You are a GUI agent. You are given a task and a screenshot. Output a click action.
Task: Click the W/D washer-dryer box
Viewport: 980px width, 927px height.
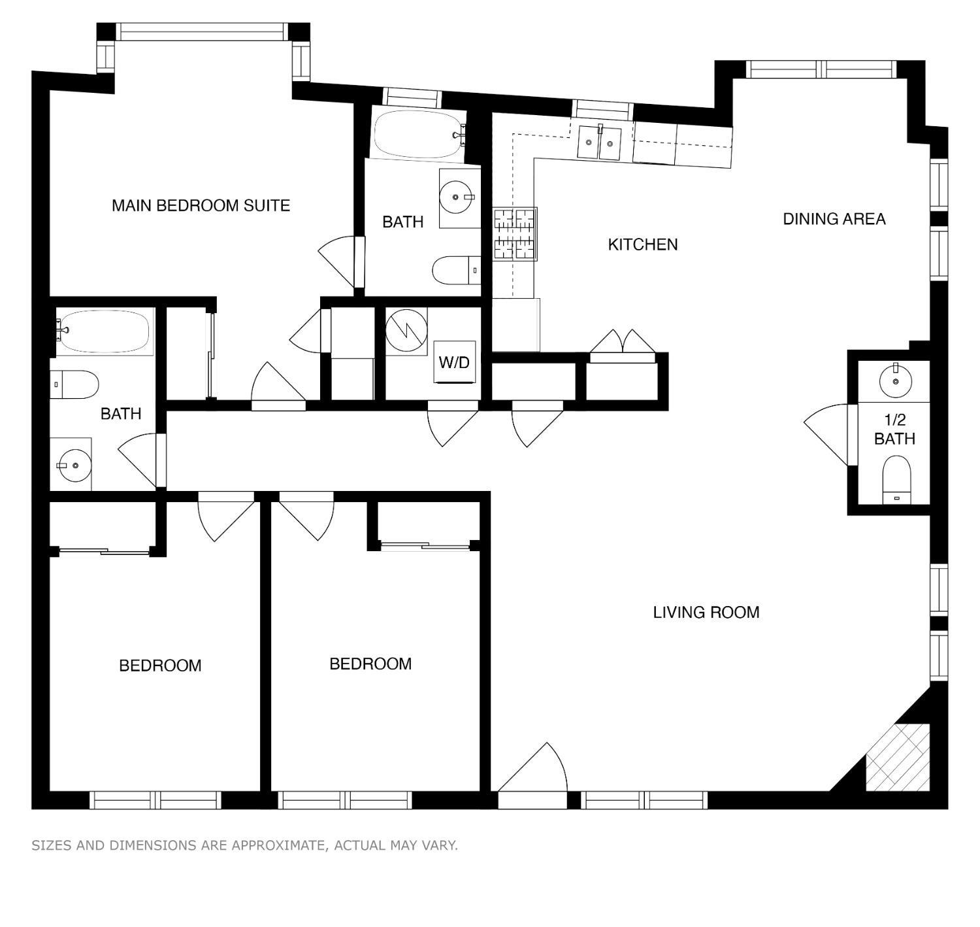(x=455, y=362)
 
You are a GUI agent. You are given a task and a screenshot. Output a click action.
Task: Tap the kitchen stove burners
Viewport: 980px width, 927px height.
(x=514, y=234)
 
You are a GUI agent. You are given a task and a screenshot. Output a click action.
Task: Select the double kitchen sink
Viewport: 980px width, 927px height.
(x=599, y=143)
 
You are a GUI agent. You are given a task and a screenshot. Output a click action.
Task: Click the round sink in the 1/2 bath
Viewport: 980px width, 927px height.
(x=895, y=380)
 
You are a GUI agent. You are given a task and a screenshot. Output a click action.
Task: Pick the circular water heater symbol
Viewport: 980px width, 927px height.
(x=406, y=331)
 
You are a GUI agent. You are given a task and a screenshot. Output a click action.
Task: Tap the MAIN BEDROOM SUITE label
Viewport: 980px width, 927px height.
(x=201, y=205)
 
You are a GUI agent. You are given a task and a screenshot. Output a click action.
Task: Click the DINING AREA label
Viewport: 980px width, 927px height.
(x=834, y=219)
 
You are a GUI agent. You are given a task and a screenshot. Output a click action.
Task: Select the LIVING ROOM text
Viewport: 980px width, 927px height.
(x=706, y=613)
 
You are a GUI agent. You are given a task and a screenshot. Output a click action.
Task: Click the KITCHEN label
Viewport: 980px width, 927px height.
(x=643, y=244)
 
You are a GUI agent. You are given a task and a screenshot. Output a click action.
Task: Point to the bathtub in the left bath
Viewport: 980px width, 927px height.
(x=105, y=331)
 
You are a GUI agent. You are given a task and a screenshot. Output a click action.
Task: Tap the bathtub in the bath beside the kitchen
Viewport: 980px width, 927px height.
(x=417, y=134)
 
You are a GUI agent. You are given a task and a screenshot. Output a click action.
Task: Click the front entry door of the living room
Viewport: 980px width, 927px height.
(x=532, y=771)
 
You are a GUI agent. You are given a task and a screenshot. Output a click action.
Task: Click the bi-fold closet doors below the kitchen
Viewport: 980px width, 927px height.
(x=623, y=343)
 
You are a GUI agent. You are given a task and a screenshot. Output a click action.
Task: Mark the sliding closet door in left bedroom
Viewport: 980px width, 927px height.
(x=105, y=551)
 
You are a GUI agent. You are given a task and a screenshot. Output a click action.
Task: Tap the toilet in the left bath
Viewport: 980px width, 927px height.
(x=74, y=384)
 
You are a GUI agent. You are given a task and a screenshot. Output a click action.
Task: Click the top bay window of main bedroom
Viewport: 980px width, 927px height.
(x=203, y=31)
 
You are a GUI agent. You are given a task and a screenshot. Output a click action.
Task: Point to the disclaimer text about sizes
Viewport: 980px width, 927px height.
(x=245, y=845)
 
